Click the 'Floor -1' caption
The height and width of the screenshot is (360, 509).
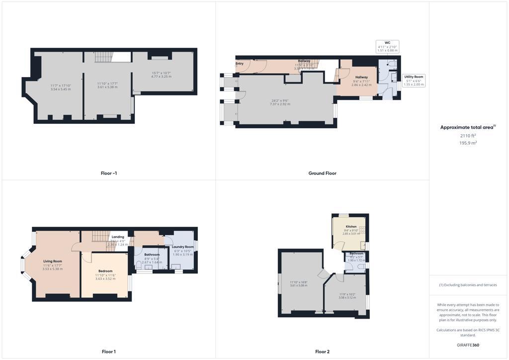click(108, 174)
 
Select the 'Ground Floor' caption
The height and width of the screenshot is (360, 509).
click(322, 174)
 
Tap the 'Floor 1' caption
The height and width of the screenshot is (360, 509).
click(108, 352)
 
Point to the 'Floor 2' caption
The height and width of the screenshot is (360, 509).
click(322, 352)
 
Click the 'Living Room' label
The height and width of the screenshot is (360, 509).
click(53, 261)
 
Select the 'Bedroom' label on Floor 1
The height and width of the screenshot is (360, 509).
click(105, 271)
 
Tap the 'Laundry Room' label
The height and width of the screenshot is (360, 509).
click(182, 247)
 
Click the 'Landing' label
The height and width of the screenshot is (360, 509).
click(118, 237)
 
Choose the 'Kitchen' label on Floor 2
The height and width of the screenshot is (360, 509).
click(351, 227)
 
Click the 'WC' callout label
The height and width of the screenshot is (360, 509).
click(387, 43)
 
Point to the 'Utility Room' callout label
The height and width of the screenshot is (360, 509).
click(414, 77)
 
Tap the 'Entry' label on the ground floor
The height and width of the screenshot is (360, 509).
click(240, 64)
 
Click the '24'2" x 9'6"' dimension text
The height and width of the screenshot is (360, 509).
click(279, 101)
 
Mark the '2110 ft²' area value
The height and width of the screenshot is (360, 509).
click(469, 135)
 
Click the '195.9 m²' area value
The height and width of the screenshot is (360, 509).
click(469, 143)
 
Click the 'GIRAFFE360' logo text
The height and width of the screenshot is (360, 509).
click(469, 345)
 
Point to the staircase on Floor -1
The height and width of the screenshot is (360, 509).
click(105, 57)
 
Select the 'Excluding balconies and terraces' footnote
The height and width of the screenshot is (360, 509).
click(469, 285)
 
